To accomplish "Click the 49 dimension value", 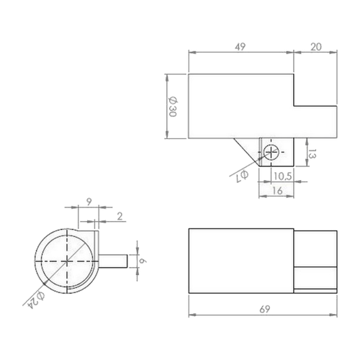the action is click(240, 47).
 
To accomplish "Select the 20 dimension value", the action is click(316, 47).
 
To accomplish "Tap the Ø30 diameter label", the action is click(173, 107).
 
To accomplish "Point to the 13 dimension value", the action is click(312, 154).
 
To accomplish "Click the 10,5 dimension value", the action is click(283, 176).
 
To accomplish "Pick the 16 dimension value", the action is click(277, 191).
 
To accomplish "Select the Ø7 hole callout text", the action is click(241, 176).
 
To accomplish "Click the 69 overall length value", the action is click(265, 310).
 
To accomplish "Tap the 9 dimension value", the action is click(89, 202).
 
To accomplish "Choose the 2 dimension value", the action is click(120, 217).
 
